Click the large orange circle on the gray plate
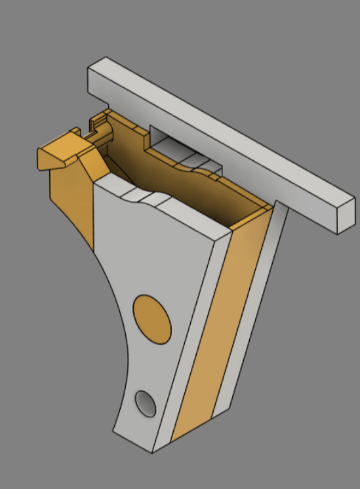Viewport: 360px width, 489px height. click(x=152, y=319)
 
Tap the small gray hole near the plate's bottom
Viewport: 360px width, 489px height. click(x=146, y=403)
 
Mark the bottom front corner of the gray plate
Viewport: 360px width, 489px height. click(x=152, y=452)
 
